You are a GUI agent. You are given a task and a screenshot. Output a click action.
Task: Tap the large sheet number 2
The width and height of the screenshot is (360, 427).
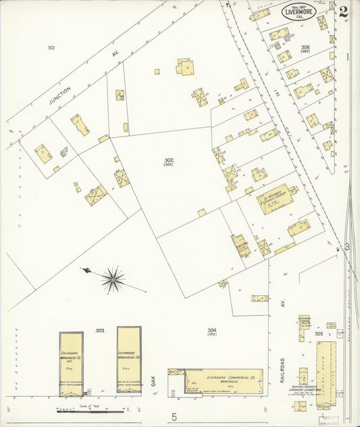pyautogui.click(x=344, y=11)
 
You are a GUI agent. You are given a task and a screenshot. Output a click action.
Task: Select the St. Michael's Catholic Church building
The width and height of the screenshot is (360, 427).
pyautogui.click(x=276, y=199)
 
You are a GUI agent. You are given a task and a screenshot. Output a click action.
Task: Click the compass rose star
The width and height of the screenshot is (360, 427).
pyautogui.click(x=113, y=278)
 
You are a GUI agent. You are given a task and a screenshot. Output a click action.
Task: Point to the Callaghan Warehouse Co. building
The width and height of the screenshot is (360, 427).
pyautogui.click(x=71, y=363)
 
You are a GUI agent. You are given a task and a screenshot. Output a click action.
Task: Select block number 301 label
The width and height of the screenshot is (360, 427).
pyautogui.click(x=51, y=47)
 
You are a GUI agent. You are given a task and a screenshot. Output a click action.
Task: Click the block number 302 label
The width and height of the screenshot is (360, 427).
pyautogui.click(x=168, y=160)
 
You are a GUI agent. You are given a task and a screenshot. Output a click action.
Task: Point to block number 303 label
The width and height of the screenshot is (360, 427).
pyautogui.click(x=100, y=330)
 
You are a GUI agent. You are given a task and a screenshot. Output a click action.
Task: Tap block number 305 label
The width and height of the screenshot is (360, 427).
pyautogui.click(x=318, y=334)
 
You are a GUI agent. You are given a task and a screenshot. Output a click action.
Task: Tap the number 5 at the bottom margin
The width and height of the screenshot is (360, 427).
pyautogui.click(x=174, y=418)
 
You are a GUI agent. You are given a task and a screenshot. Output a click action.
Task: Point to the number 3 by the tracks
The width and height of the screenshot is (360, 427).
pyautogui.click(x=346, y=247)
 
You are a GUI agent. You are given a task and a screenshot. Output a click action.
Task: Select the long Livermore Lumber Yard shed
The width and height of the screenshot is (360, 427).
pyautogui.click(x=326, y=373)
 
